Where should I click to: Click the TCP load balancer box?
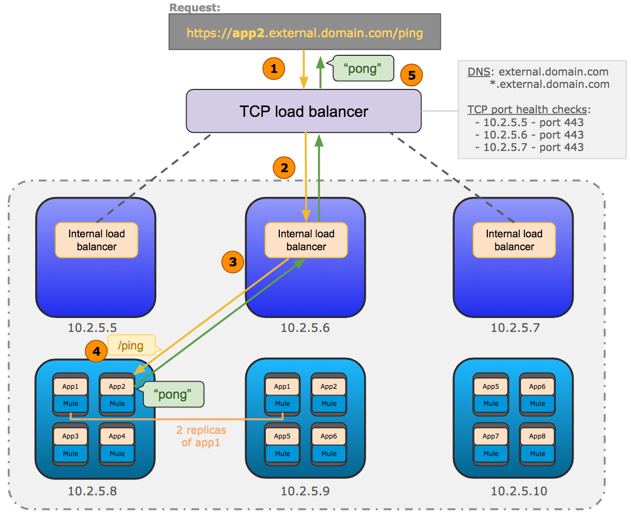[304, 111]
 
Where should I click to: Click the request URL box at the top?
[305, 32]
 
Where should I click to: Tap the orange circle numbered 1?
[274, 68]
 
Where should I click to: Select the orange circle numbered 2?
[284, 168]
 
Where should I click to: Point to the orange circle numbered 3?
[233, 262]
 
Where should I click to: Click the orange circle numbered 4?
[96, 352]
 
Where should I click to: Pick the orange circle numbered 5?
[412, 75]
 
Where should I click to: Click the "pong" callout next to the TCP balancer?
[363, 68]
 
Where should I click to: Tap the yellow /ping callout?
[131, 345]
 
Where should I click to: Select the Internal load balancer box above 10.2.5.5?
[97, 240]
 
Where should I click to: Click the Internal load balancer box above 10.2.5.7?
[514, 240]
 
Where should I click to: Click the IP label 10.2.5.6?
[305, 328]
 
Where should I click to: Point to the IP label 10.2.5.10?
[518, 491]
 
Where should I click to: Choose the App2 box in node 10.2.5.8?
[117, 387]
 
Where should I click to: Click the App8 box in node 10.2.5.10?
[537, 436]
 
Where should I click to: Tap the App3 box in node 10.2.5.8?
[70, 436]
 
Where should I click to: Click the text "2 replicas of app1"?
[201, 436]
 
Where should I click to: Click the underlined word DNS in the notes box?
[478, 72]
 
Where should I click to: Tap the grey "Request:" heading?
[194, 8]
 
